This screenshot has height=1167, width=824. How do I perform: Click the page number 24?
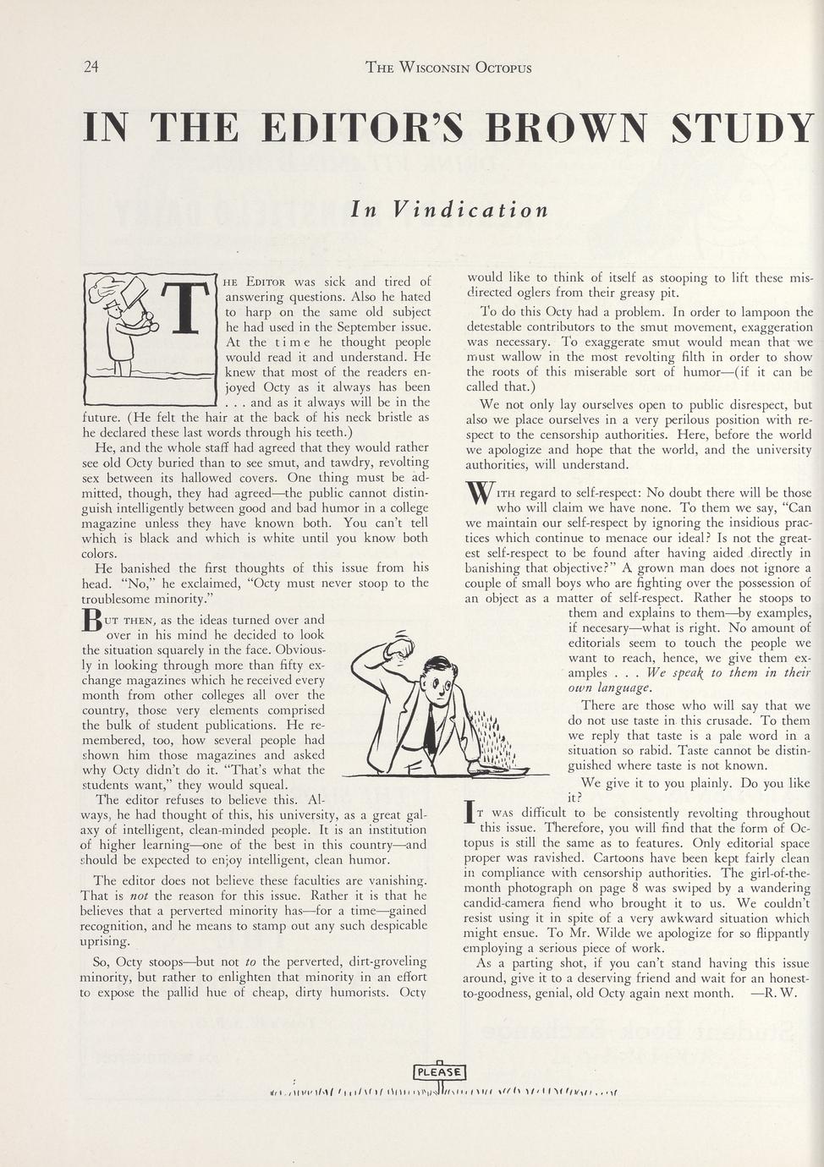91,67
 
